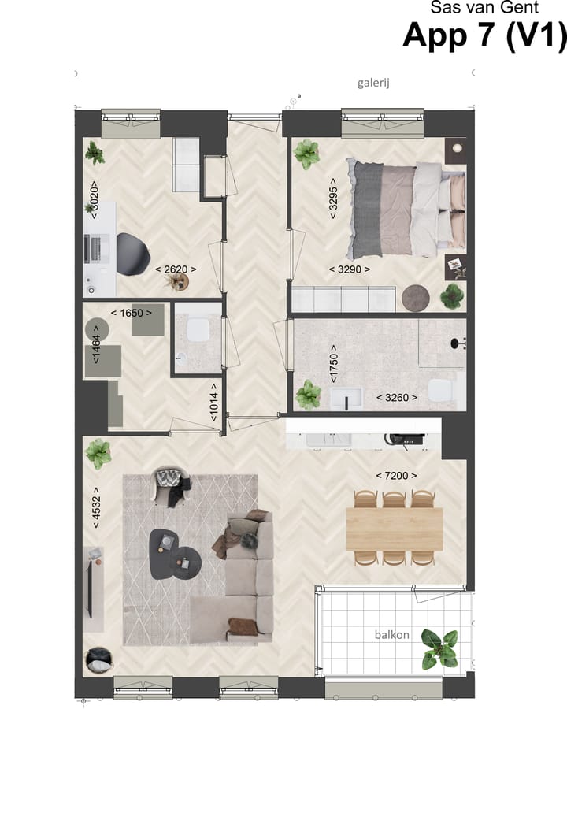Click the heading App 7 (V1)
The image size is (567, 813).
point(484,36)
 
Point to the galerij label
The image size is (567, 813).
point(374,82)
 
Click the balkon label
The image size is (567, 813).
point(391,634)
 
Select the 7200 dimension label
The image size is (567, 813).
point(396,475)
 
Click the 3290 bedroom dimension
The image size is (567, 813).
point(349,269)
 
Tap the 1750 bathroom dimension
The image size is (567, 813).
point(333,362)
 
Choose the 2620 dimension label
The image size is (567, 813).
point(176,269)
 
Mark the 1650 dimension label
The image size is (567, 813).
point(131,313)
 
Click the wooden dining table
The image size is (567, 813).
point(395,527)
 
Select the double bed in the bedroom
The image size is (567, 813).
point(405,208)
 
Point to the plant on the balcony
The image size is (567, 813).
point(439,648)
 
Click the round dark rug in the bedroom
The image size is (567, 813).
point(414,297)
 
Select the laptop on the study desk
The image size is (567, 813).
point(96,248)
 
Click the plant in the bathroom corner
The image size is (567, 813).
point(308,393)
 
